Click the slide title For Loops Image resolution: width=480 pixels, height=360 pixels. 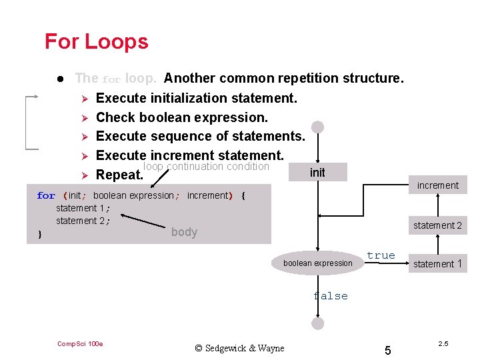point(96,41)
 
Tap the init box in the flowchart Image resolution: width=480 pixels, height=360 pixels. point(317,173)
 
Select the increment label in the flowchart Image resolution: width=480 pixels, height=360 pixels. point(437,185)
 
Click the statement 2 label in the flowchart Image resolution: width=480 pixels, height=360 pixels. point(437,225)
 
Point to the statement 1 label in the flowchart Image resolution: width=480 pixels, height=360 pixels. point(437,264)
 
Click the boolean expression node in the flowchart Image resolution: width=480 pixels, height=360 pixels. point(317,263)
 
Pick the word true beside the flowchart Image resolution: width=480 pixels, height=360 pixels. point(381,255)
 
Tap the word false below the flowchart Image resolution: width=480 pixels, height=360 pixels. point(331,296)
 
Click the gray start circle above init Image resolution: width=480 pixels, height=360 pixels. point(317,127)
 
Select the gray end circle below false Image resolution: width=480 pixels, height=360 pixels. point(317,323)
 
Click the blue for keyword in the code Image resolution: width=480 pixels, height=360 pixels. point(46,196)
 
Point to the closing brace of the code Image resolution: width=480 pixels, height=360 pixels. point(40,234)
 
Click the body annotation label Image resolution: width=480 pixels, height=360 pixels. point(184,232)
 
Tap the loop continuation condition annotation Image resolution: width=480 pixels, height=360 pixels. point(206,167)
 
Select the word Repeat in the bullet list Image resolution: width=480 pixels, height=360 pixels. point(119,176)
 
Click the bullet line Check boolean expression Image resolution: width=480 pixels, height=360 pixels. point(181,117)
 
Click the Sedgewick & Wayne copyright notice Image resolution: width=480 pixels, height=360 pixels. point(239,348)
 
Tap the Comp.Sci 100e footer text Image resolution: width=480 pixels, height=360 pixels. point(80,344)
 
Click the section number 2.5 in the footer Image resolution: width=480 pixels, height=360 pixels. point(443,343)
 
